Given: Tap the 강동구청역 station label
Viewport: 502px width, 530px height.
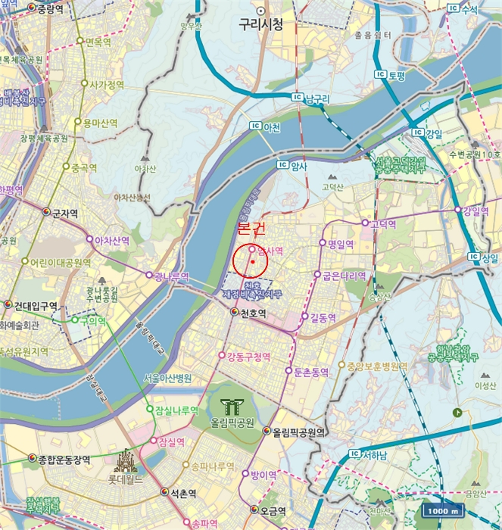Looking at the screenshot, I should (x=248, y=356).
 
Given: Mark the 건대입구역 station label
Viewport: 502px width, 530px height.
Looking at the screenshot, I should (x=36, y=306).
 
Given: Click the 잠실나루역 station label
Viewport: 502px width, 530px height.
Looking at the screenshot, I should (x=176, y=410).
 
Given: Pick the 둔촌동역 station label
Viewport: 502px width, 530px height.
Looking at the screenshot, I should (x=310, y=372).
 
